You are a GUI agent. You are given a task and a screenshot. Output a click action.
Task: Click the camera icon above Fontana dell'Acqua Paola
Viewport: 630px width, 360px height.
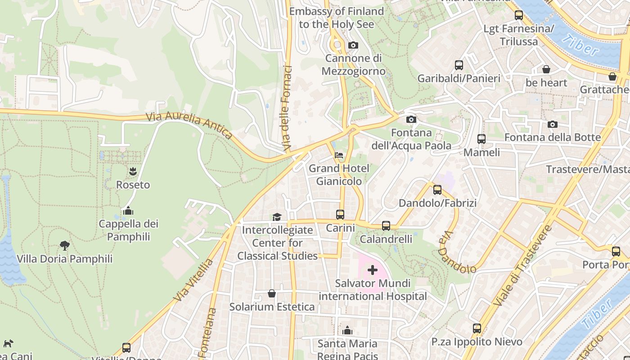tap(411, 119)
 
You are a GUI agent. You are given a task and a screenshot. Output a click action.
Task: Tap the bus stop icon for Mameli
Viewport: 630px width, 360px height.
tap(481, 139)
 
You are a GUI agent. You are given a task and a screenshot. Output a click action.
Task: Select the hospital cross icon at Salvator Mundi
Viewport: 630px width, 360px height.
tap(372, 270)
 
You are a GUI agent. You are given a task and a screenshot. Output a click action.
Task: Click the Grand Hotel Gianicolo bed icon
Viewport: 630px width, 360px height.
tap(339, 155)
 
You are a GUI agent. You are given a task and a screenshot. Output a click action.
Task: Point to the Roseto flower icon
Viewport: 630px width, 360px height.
tap(133, 171)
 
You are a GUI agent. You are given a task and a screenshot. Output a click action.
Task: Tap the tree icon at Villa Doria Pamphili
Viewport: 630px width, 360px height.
tap(65, 245)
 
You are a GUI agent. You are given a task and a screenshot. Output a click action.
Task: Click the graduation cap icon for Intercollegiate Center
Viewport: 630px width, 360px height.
tap(277, 217)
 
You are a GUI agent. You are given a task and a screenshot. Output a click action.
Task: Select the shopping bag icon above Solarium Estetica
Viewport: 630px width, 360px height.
tap(272, 293)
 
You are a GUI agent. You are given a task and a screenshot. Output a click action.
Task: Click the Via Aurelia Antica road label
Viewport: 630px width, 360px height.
tap(189, 126)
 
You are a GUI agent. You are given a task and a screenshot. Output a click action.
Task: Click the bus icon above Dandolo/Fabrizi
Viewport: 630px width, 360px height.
tap(437, 190)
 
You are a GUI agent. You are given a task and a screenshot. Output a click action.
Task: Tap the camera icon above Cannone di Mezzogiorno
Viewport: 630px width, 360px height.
tap(353, 45)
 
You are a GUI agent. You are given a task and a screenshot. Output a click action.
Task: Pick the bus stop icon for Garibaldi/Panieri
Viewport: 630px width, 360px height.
tap(459, 65)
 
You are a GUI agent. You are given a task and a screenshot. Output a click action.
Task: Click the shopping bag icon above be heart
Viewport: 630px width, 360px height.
tap(546, 69)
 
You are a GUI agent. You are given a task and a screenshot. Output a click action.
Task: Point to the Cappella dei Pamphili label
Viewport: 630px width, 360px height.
tap(129, 230)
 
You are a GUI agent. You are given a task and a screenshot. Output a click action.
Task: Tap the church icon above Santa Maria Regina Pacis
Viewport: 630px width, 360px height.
tap(347, 331)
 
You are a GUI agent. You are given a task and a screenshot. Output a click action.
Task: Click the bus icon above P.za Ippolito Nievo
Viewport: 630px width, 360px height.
tap(477, 328)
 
